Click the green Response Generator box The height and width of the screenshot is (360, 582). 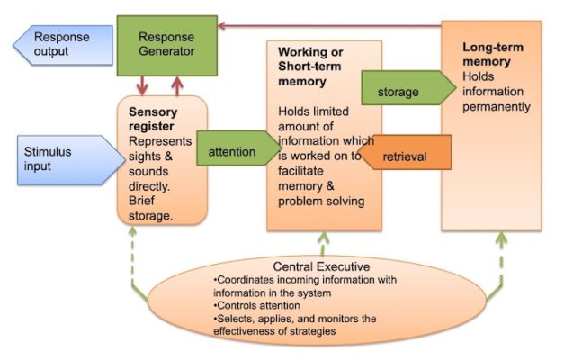166,44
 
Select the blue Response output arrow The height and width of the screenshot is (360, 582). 64,45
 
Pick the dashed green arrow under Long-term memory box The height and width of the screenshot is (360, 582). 502,261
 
